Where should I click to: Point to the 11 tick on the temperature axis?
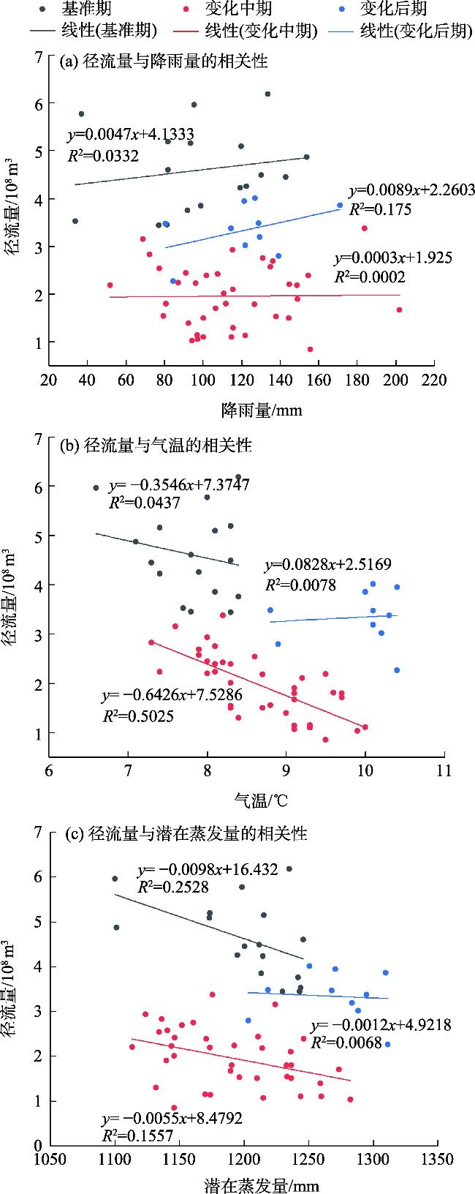pyautogui.click(x=443, y=770)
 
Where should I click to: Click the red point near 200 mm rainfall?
pyautogui.click(x=399, y=310)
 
